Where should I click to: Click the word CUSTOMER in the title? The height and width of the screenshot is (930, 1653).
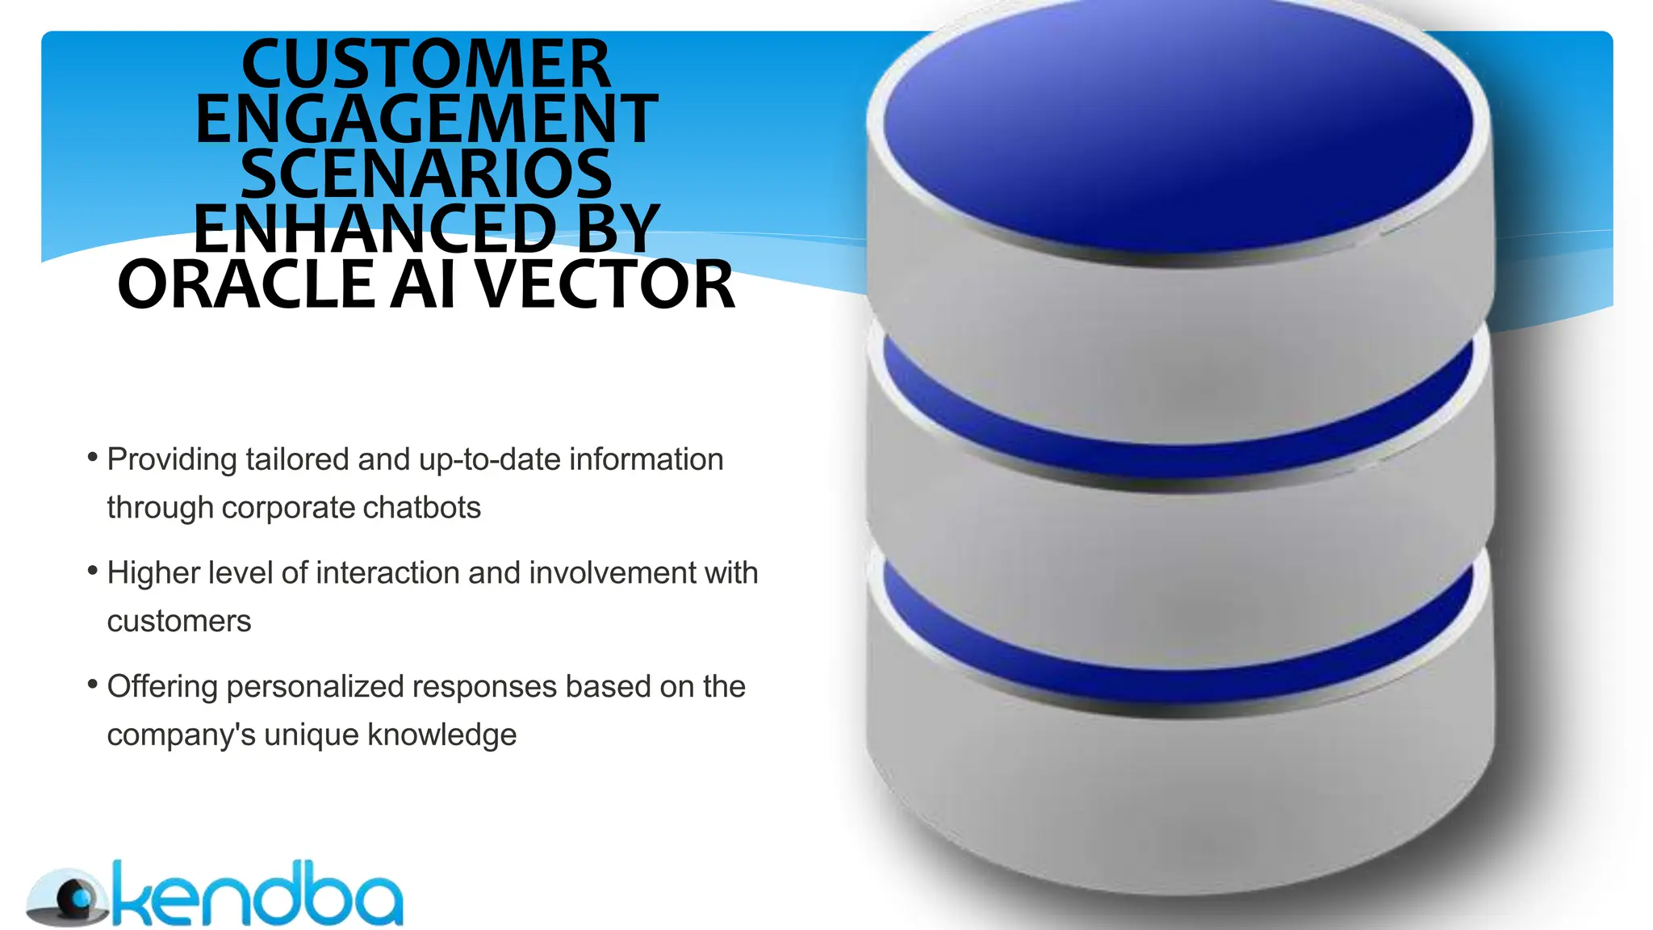tap(425, 65)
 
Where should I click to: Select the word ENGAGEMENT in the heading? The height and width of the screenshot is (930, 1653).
tap(426, 119)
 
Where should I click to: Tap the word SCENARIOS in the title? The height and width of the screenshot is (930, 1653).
tap(426, 174)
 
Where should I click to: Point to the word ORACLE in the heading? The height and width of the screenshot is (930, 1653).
tap(246, 285)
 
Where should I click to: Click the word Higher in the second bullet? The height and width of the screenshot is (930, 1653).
tap(153, 573)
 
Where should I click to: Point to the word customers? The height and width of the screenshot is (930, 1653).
tap(179, 622)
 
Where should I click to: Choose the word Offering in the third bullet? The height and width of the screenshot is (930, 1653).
tap(162, 687)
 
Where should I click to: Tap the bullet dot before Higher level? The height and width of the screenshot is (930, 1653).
tap(92, 572)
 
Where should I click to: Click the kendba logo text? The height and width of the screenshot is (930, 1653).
tap(258, 896)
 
